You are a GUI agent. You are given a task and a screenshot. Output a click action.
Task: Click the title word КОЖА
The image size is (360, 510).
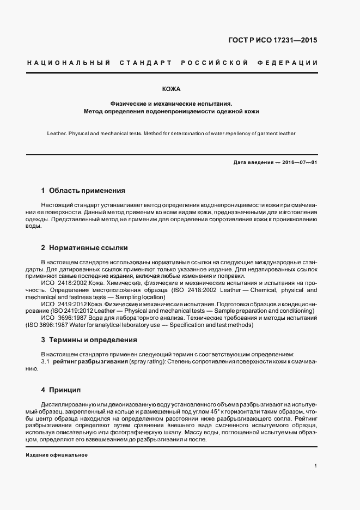[x=172, y=88]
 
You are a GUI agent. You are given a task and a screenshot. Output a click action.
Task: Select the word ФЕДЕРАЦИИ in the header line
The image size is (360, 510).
[x=291, y=63]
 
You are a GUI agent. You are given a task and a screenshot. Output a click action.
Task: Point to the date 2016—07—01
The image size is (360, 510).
[x=298, y=163]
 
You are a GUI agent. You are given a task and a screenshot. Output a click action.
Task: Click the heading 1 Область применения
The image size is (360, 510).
[x=83, y=191]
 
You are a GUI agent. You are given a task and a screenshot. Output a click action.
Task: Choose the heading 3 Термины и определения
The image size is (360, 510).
[x=89, y=339]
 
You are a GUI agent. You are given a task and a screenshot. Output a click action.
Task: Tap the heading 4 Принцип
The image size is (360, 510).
[x=60, y=390]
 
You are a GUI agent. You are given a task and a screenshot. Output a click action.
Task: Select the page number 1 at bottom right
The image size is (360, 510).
[x=316, y=466]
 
